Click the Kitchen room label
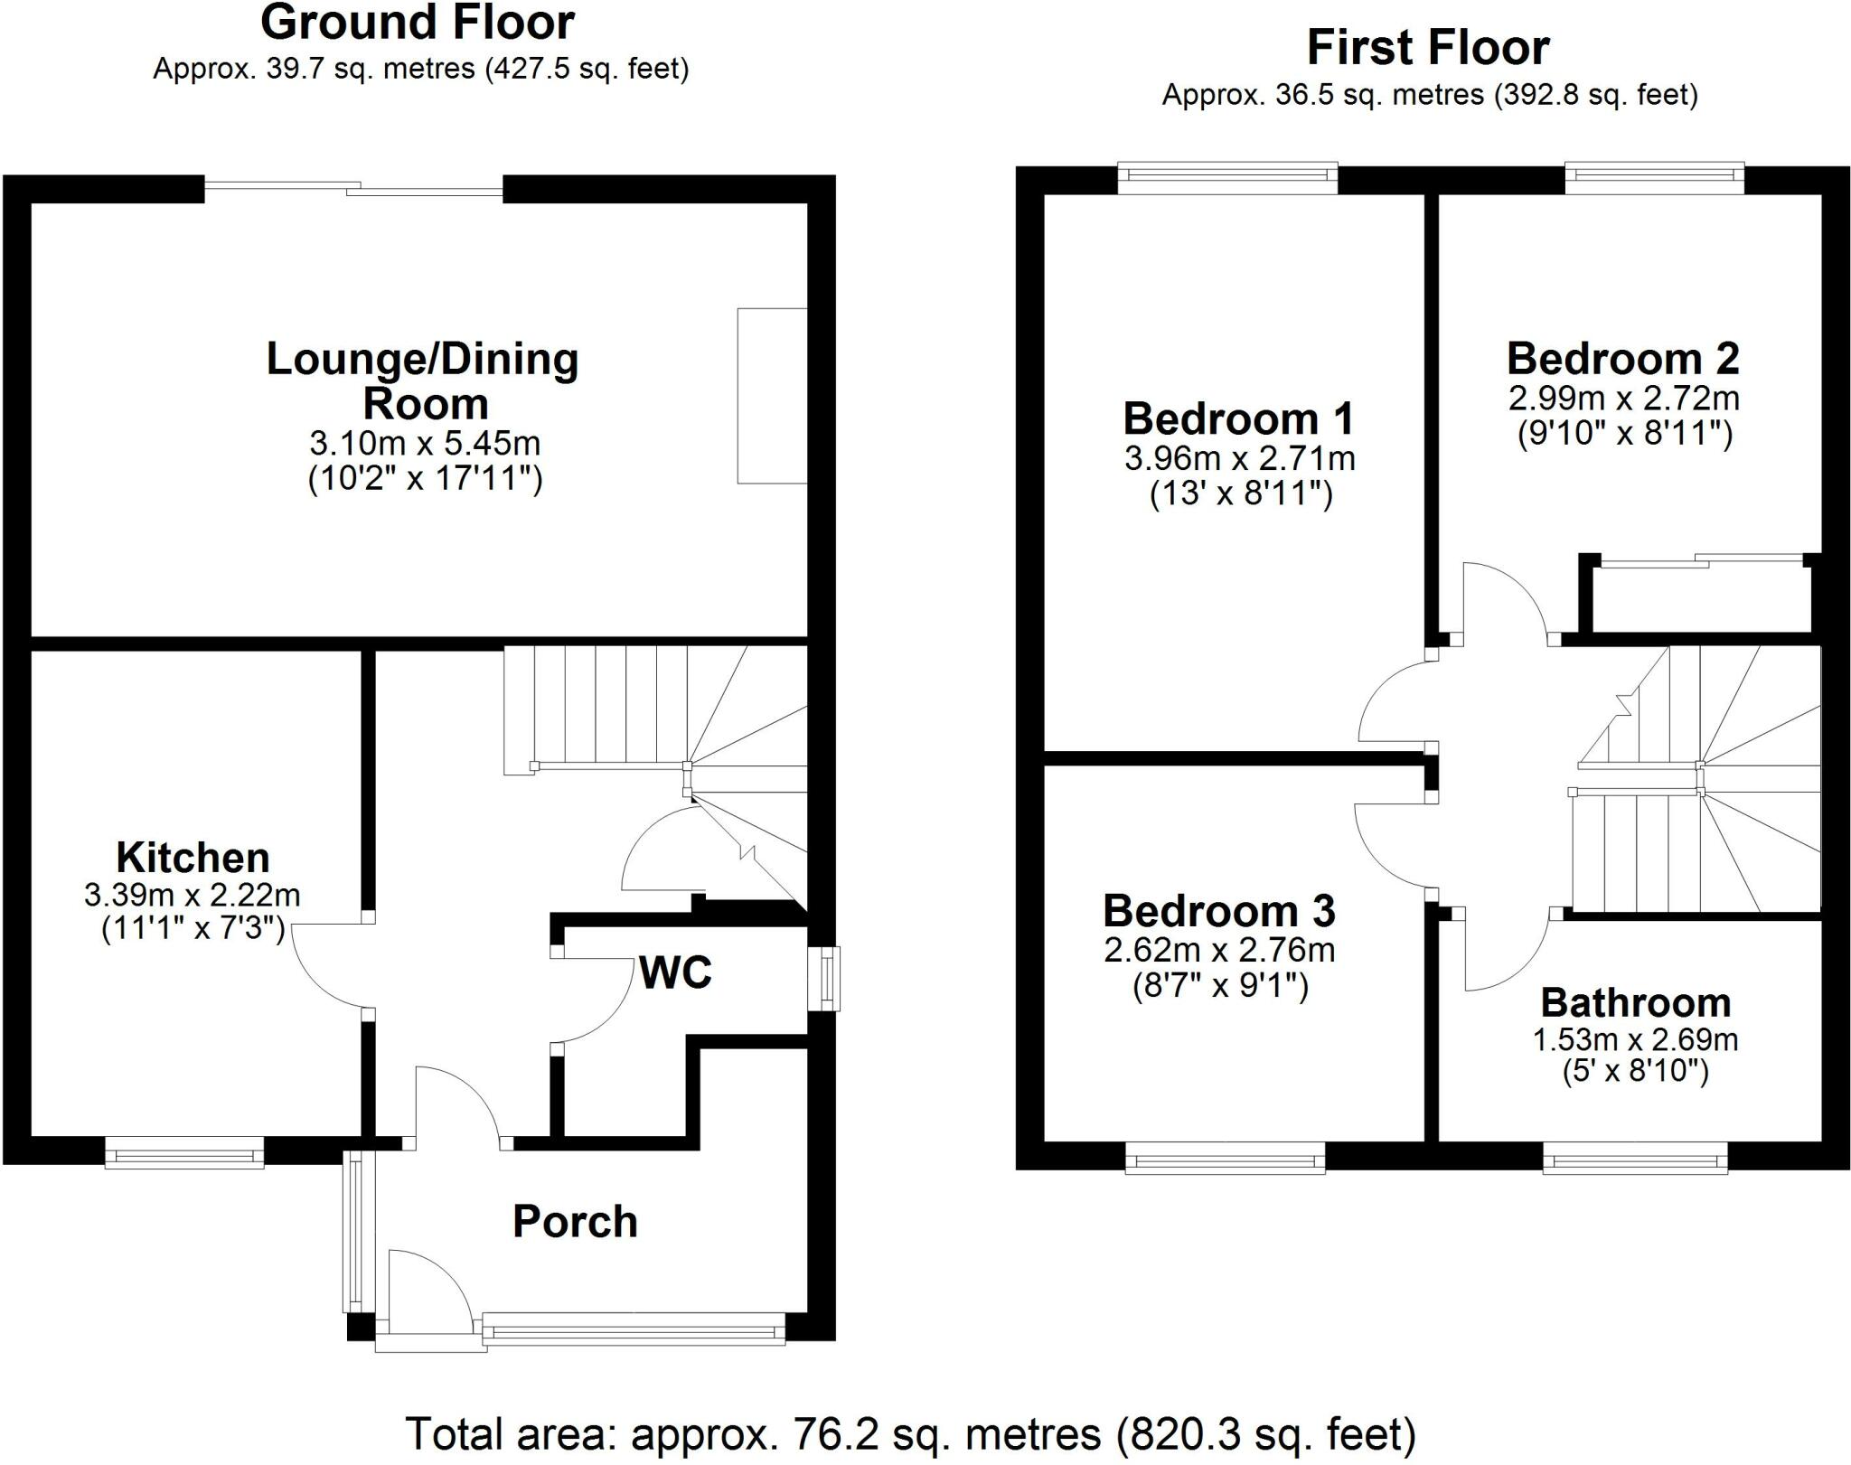coord(193,857)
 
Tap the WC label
coord(675,972)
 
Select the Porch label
coord(575,1222)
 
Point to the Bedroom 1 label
coord(1238,418)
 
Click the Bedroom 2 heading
coord(1622,359)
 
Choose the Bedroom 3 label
coord(1218,911)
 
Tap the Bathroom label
coord(1635,1003)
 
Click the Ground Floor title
coord(418,23)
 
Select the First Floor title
coord(1428,48)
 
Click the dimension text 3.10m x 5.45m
coord(425,444)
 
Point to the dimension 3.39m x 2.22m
coord(193,896)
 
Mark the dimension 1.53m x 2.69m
coord(1635,1040)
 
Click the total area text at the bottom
coord(910,1433)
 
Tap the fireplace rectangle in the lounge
coord(772,396)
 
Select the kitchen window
coord(184,1154)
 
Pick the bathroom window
coord(1635,1158)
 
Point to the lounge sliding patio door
coord(353,189)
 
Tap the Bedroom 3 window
coord(1225,1158)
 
